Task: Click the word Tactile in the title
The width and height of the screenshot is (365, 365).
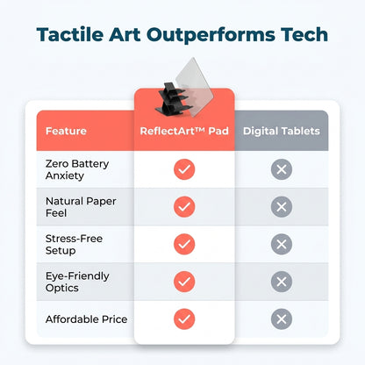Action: click(x=70, y=34)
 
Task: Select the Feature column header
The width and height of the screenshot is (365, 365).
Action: click(x=66, y=131)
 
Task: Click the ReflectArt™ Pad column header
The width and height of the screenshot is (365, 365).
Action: click(x=184, y=131)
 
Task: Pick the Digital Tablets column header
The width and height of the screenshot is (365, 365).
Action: click(x=282, y=131)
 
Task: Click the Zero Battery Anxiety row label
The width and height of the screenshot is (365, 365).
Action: click(x=77, y=169)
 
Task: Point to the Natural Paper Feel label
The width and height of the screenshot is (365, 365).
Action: click(x=81, y=207)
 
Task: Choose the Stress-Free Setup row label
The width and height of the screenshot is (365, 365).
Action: click(x=74, y=244)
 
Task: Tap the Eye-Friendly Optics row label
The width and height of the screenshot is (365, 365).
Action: click(x=77, y=282)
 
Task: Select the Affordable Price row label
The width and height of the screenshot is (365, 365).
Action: click(x=86, y=319)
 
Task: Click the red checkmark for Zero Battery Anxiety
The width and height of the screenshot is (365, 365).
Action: click(x=184, y=169)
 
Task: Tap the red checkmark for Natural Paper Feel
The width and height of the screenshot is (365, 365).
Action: click(x=184, y=207)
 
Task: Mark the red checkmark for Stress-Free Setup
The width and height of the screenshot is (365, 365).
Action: click(x=184, y=244)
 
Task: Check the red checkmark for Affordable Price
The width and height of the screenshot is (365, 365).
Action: click(x=184, y=319)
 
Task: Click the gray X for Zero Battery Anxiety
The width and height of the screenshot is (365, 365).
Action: click(x=282, y=169)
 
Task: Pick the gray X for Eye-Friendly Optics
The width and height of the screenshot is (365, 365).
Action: click(x=282, y=282)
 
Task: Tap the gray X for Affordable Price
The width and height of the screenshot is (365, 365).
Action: click(x=282, y=319)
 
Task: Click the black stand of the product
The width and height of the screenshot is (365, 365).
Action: click(x=171, y=99)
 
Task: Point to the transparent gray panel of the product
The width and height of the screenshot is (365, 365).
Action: click(x=196, y=85)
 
